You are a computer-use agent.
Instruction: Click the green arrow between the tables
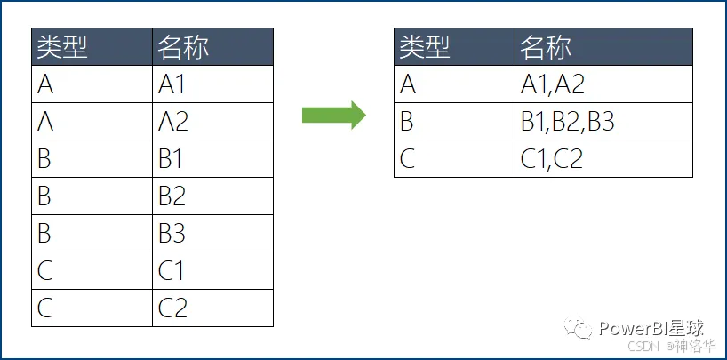click(x=333, y=115)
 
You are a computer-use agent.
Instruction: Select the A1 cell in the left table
click(x=212, y=84)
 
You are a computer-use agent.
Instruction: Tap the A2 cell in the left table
click(x=212, y=122)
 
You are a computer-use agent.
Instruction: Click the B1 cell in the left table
click(x=212, y=159)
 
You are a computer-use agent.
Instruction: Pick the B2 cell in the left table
click(x=212, y=196)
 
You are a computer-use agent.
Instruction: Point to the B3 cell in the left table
click(x=212, y=234)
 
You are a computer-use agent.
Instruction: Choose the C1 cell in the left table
click(x=212, y=271)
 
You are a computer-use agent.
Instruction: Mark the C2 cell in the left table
click(x=212, y=308)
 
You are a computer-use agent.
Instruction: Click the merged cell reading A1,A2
click(x=603, y=84)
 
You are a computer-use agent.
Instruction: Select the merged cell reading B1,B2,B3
click(x=603, y=122)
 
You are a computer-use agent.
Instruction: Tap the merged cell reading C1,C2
click(x=603, y=159)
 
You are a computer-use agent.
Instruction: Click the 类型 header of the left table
click(x=92, y=47)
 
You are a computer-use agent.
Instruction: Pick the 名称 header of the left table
click(x=212, y=47)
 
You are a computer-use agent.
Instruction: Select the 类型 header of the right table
click(x=454, y=47)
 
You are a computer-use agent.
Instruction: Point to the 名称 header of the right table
click(x=603, y=47)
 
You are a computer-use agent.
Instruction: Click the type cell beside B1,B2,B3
click(x=454, y=122)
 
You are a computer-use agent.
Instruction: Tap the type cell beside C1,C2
click(x=454, y=159)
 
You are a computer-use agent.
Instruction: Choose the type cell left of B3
click(x=92, y=234)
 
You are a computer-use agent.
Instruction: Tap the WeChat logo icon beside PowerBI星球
click(x=582, y=330)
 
